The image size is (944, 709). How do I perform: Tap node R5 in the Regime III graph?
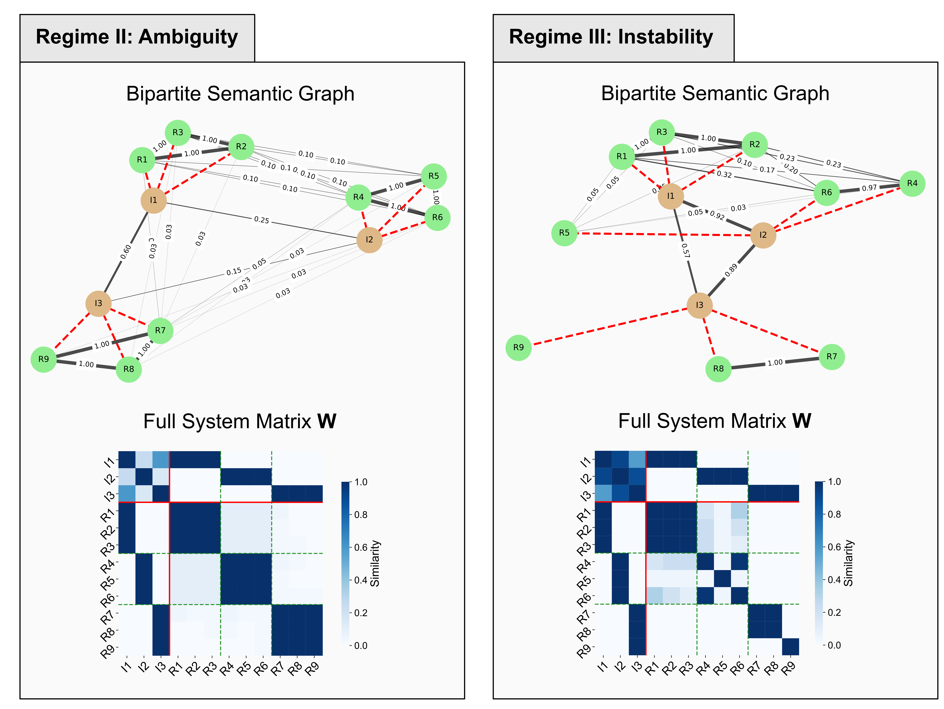564,233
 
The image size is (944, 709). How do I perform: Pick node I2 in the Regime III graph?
763,235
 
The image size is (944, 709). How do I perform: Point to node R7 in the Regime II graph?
160,331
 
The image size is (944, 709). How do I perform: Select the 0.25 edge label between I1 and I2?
262,220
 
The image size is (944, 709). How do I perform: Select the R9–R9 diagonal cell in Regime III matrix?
790,647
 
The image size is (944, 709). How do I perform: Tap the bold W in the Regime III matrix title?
802,421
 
